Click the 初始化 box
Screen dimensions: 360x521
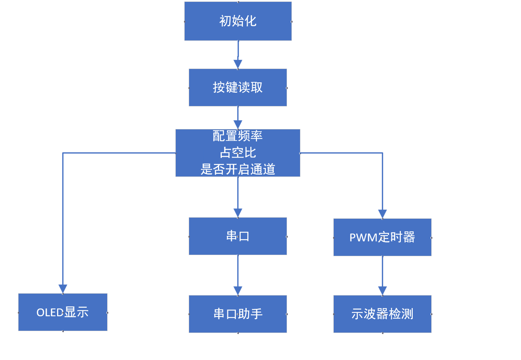pyautogui.click(x=238, y=21)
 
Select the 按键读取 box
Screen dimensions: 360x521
pyautogui.click(x=238, y=87)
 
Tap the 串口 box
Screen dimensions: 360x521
pyautogui.click(x=238, y=236)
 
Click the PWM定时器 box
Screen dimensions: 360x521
pyautogui.click(x=382, y=237)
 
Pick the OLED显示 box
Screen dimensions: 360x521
pyautogui.click(x=63, y=312)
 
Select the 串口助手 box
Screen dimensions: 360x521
pyautogui.click(x=238, y=314)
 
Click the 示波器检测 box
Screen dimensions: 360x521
pyautogui.click(x=382, y=314)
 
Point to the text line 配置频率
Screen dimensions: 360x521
pyautogui.click(x=238, y=136)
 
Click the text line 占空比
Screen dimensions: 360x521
pyautogui.click(x=238, y=152)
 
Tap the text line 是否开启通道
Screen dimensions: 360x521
pyautogui.click(x=238, y=169)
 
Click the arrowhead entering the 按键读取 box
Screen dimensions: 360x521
pyautogui.click(x=238, y=64)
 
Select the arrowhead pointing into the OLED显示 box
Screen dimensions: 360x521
pyautogui.click(x=63, y=289)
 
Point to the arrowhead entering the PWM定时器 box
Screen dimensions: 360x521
pyautogui.click(x=382, y=214)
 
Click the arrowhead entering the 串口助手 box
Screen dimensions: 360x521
pyautogui.click(x=238, y=291)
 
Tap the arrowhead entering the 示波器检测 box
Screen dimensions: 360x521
pyautogui.click(x=382, y=291)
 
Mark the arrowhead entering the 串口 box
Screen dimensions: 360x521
pyautogui.click(x=238, y=213)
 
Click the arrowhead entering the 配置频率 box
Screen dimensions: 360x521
pyautogui.click(x=238, y=125)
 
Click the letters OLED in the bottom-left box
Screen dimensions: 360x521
pyautogui.click(x=50, y=313)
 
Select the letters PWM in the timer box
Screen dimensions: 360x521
pyautogui.click(x=363, y=238)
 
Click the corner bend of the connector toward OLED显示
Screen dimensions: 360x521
pyautogui.click(x=63, y=153)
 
